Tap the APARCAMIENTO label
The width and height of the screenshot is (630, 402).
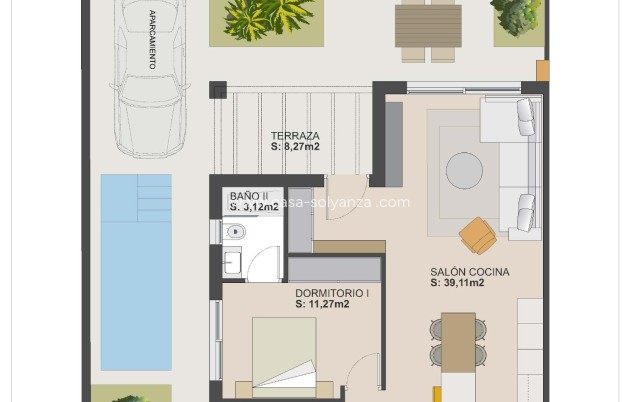[x=152, y=39]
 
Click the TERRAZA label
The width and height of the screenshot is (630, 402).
[x=295, y=136]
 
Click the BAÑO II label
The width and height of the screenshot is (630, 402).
[x=249, y=196]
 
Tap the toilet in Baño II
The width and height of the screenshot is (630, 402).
[x=235, y=232]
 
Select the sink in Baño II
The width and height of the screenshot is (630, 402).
[x=231, y=263]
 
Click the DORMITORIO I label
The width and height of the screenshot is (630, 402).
[x=333, y=294]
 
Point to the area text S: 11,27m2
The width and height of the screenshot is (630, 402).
[x=322, y=305]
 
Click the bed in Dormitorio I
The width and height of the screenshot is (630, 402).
[x=284, y=355]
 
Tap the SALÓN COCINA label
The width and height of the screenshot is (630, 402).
[x=469, y=272]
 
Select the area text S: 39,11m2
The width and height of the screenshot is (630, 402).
[x=457, y=283]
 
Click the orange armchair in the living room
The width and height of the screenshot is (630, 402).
[x=478, y=236]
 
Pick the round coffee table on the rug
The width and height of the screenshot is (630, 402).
[x=464, y=170]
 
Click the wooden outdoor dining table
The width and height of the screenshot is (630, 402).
[x=427, y=24]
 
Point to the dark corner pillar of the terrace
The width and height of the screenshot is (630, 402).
[x=218, y=90]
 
